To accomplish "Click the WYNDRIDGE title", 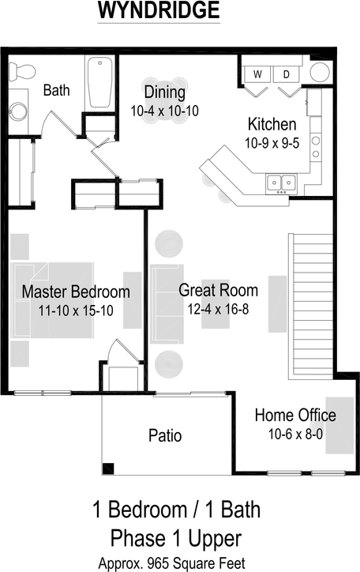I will (x=159, y=11).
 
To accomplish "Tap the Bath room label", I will (x=56, y=90).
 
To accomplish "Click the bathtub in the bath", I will (x=100, y=82).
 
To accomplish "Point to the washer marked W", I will (x=257, y=74).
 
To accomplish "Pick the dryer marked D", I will (x=287, y=74).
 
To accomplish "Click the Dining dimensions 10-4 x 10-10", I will (x=164, y=111).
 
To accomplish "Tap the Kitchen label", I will (x=272, y=124).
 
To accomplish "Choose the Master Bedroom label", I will (x=75, y=292).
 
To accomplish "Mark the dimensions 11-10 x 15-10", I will (x=75, y=311).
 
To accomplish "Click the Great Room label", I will (x=218, y=290).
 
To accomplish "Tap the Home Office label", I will (x=294, y=416).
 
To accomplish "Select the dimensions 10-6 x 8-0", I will (x=294, y=435).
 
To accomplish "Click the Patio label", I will (x=165, y=435).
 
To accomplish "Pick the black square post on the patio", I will (x=108, y=468).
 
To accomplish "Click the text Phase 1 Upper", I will (x=176, y=539).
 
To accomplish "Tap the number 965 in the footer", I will (x=164, y=563).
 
